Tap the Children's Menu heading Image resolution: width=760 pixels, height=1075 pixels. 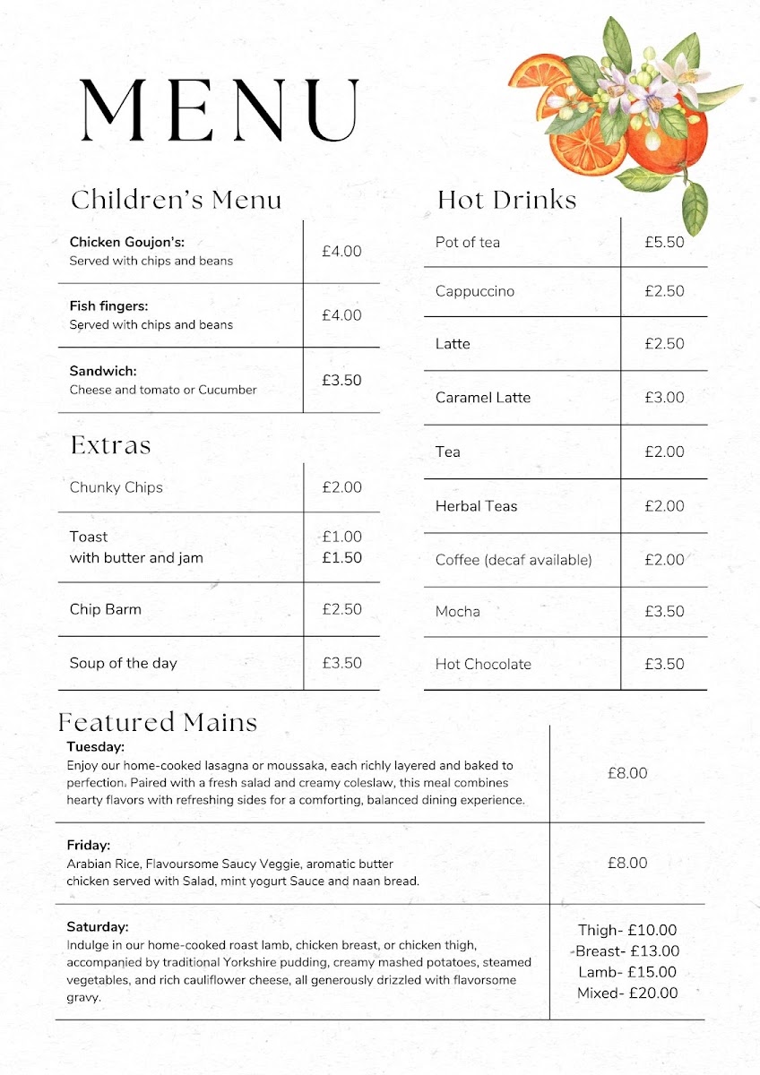click(176, 199)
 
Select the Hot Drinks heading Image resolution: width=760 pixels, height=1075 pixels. click(506, 199)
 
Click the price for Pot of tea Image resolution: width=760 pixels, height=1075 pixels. click(664, 243)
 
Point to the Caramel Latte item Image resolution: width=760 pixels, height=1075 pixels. click(483, 398)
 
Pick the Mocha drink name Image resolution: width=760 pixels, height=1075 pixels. click(458, 612)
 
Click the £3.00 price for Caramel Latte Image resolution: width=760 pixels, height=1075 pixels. click(664, 398)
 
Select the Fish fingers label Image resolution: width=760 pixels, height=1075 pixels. click(108, 305)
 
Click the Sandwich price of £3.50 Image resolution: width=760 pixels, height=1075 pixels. click(341, 380)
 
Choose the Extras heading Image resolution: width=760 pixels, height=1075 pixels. click(110, 445)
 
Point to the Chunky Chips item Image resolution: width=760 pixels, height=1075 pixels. click(117, 487)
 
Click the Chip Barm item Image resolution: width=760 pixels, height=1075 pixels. click(106, 609)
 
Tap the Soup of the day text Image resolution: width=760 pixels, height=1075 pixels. click(124, 663)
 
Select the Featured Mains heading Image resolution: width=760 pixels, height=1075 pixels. click(158, 722)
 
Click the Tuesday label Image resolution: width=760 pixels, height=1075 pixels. click(95, 746)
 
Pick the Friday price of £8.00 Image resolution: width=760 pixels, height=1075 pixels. click(626, 863)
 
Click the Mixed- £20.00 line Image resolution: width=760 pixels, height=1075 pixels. click(627, 993)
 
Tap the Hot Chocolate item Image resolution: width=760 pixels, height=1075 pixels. click(483, 664)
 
